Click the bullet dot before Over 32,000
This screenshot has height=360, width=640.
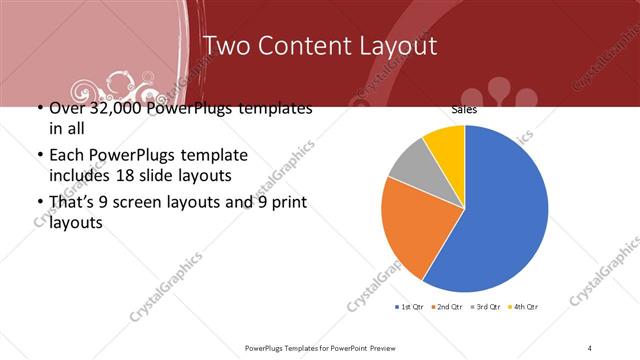[39, 108]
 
